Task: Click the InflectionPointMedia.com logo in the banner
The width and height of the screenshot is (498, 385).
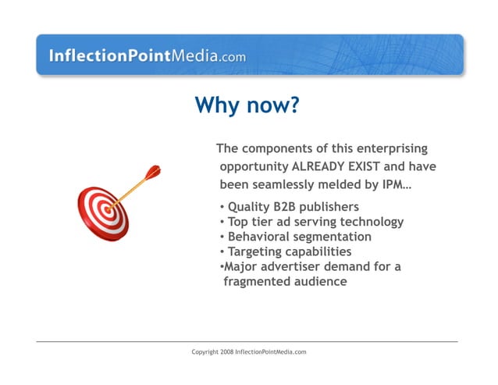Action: [147, 55]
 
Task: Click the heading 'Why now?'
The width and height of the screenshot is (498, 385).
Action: [247, 105]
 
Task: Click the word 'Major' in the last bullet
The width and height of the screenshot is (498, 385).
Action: [243, 266]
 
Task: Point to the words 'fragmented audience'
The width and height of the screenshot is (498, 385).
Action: [285, 281]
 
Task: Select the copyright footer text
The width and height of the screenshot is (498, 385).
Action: [249, 352]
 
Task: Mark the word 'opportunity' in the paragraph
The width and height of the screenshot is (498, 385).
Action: [254, 167]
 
